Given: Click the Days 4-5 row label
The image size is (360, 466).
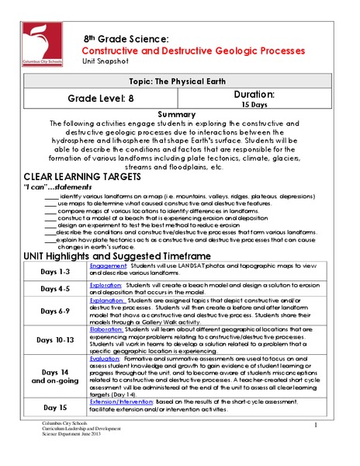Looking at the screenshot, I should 50,289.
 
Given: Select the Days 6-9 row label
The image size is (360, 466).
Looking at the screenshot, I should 50,311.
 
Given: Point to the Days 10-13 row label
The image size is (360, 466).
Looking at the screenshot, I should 50,340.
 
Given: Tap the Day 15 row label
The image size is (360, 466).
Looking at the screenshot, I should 50,407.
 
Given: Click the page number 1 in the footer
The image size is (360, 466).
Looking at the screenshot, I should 317,426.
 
